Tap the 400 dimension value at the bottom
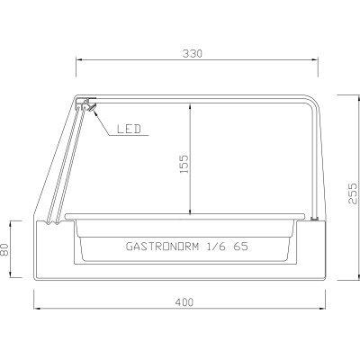click(x=184, y=302)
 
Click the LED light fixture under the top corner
click(x=87, y=107)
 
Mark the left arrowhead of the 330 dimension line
click(x=77, y=61)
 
